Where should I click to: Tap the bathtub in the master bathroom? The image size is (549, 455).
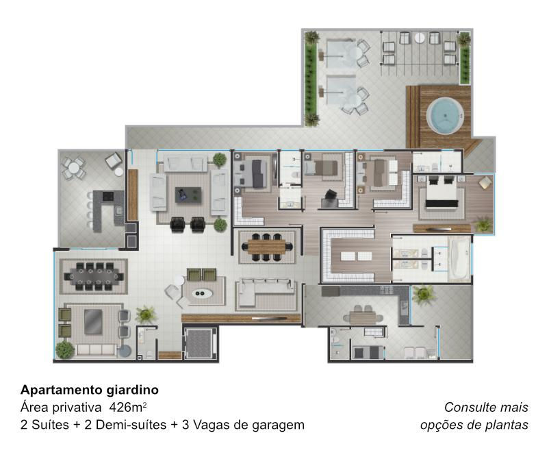point(459,259)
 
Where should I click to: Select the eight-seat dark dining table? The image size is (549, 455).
point(94,277)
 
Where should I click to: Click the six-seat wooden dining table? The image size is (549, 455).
point(267,247)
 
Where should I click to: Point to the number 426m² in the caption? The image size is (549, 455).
point(128,407)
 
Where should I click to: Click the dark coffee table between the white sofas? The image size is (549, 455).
point(188,195)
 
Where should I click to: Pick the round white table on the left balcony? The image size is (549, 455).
point(73,168)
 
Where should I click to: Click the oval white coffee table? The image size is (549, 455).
point(202,293)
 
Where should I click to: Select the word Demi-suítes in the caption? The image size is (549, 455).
point(131,426)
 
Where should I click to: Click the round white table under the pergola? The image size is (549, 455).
point(420,38)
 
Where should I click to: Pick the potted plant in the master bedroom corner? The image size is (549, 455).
point(483,223)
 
